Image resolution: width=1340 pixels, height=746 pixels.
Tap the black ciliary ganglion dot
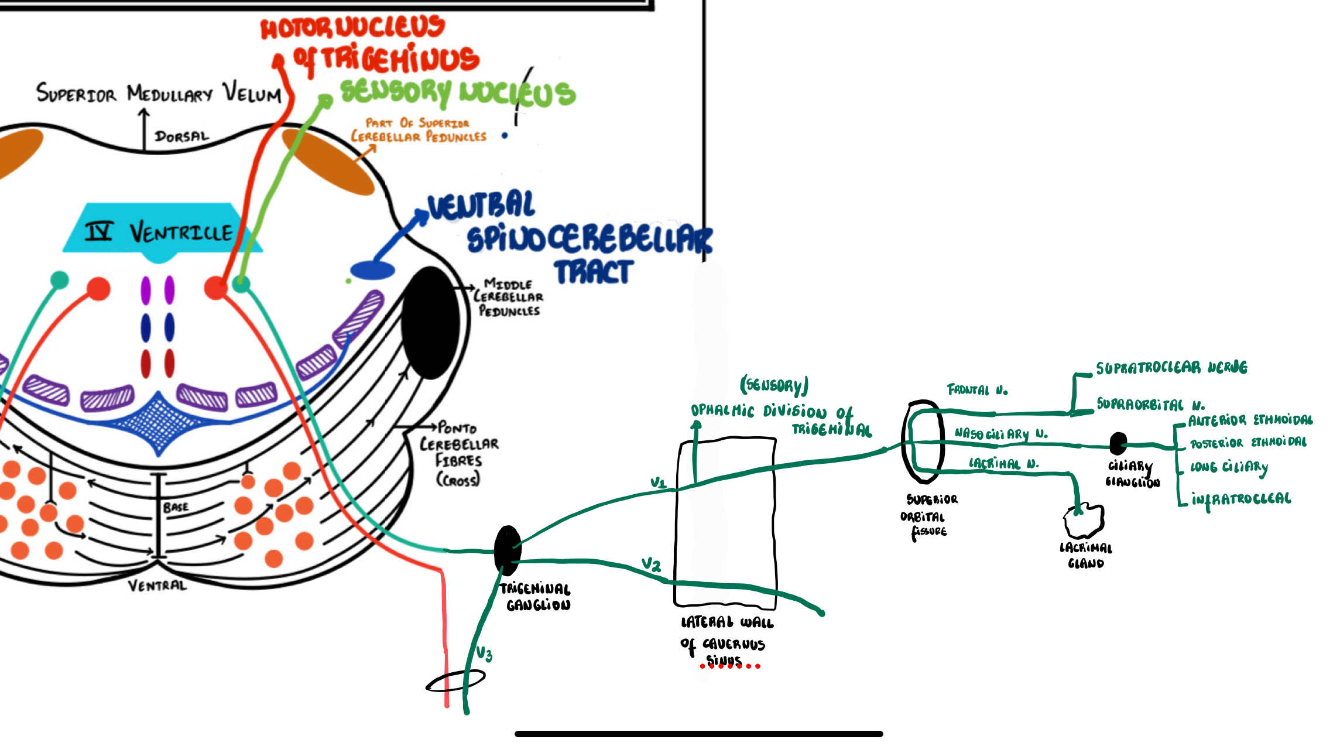[1118, 443]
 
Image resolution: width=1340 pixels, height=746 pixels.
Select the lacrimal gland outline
[1084, 521]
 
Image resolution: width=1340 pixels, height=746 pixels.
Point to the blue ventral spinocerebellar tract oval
[372, 271]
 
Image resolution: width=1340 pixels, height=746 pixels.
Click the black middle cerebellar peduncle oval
[430, 322]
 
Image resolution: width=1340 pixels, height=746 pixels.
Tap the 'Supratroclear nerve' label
[1171, 368]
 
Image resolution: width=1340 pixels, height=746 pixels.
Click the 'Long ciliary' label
[1229, 467]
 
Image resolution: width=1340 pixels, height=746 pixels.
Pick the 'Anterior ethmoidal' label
[1250, 420]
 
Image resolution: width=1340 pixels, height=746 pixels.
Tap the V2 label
[651, 564]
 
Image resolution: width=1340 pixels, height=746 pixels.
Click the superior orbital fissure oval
[923, 442]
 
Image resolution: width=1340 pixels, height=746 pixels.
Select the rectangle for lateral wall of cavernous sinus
[726, 521]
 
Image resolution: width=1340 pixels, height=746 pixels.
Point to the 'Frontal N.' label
[977, 389]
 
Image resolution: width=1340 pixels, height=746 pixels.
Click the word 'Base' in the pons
[176, 507]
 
